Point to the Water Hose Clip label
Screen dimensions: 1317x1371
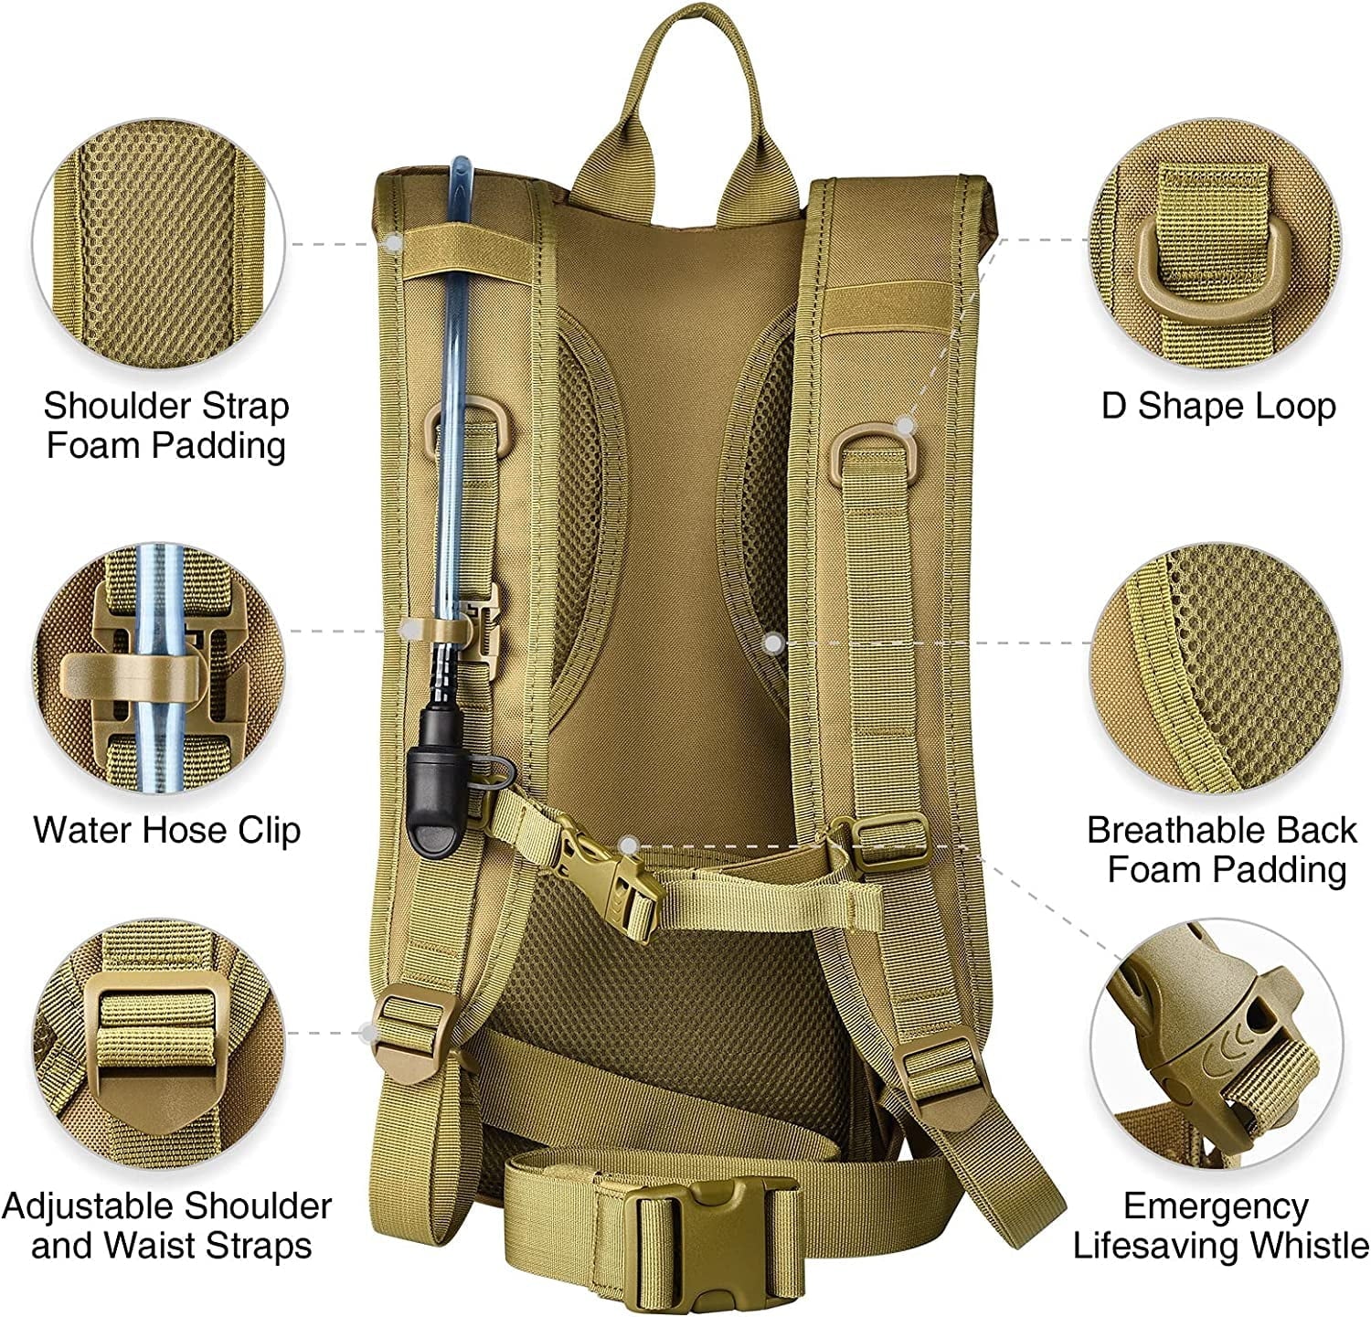click(x=167, y=830)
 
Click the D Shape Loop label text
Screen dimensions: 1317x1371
click(x=1218, y=406)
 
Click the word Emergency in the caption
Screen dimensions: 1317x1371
click(x=1215, y=1206)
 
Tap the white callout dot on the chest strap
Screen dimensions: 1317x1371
click(x=627, y=844)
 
